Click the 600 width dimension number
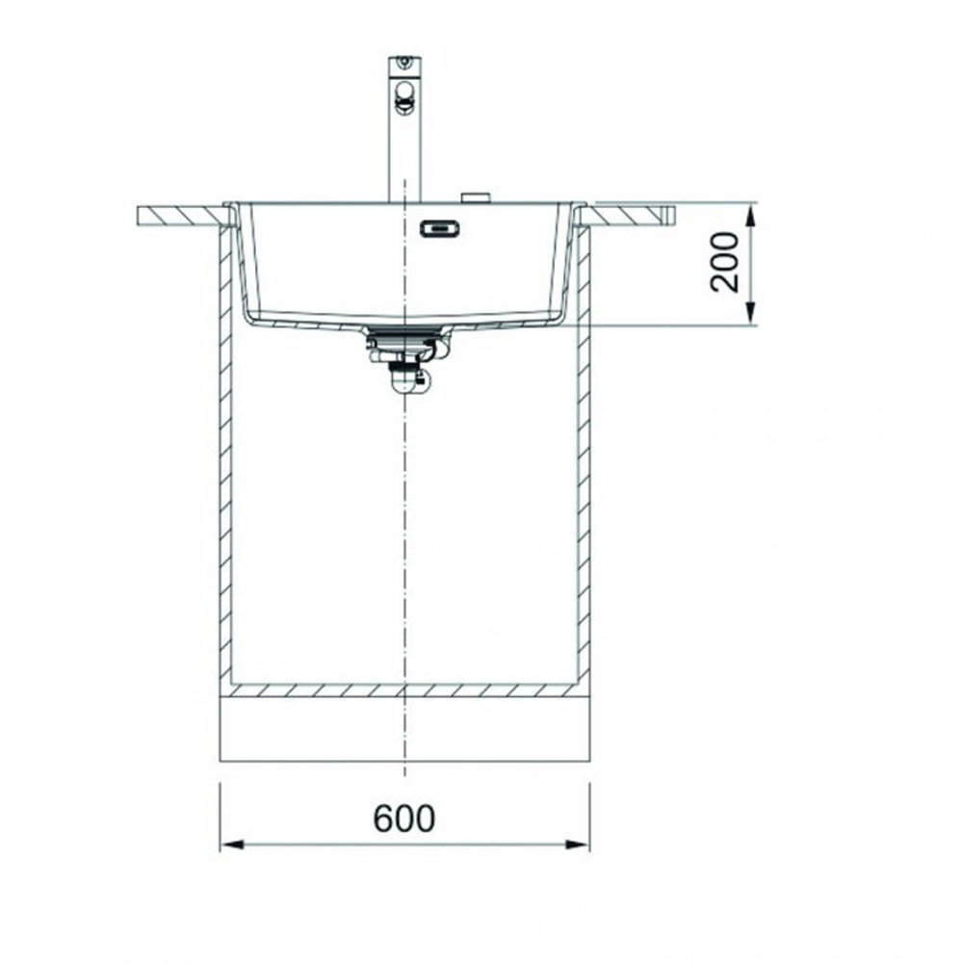coord(404,818)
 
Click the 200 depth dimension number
coord(724,262)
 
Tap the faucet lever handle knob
coord(403,97)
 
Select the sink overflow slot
coord(440,229)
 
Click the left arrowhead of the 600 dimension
coord(231,845)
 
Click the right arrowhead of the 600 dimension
coord(577,845)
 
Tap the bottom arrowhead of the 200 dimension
coord(749,313)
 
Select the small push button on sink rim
coord(476,197)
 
